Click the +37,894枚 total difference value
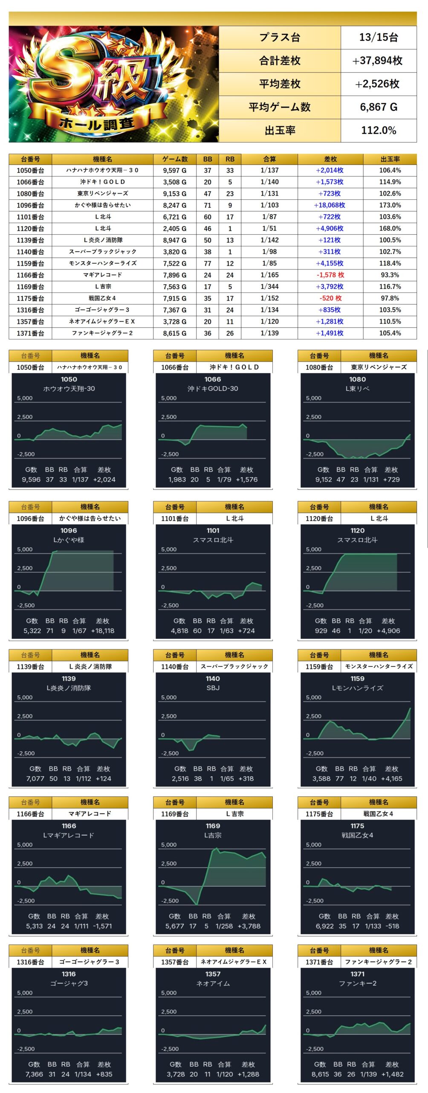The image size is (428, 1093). coord(378,61)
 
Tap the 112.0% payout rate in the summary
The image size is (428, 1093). coord(379,130)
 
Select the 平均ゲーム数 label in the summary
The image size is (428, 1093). coord(280,107)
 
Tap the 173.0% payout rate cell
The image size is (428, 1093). coord(390,205)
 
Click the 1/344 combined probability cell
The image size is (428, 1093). coord(269,286)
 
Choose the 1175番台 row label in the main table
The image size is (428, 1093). coord(30,298)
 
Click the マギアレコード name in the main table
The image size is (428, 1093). coord(102,275)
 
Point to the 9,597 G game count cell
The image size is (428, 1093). coord(175,170)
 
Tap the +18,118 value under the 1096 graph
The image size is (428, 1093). coord(102,631)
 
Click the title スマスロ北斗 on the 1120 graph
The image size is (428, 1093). coord(357,540)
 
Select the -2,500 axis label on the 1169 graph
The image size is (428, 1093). coord(170,901)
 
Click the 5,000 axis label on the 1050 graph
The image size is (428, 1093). coord(25,398)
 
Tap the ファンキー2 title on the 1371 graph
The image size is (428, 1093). coord(357,983)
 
